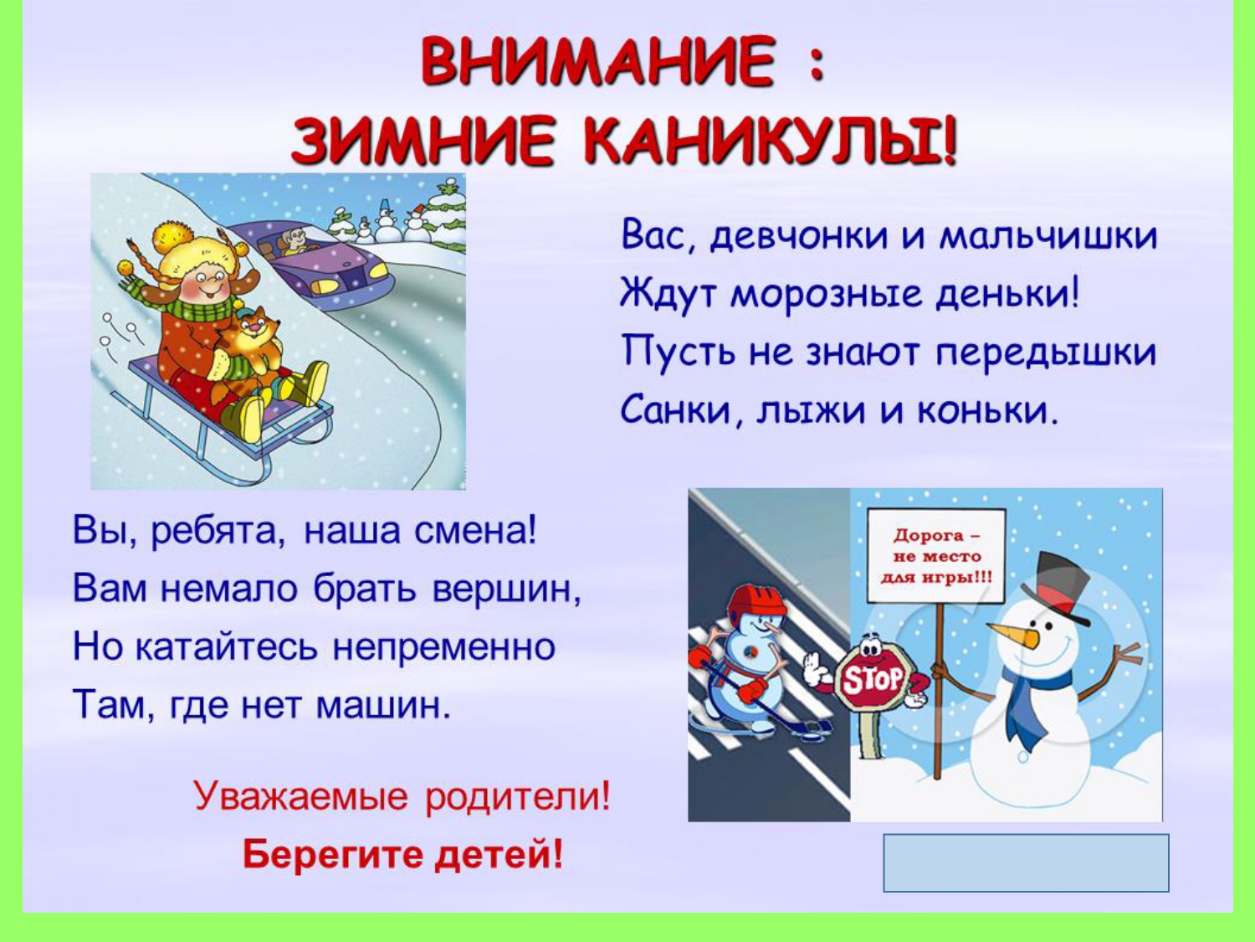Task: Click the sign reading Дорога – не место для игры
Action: tap(936, 556)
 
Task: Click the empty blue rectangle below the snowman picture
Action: tap(1026, 862)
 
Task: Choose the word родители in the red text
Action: tap(517, 795)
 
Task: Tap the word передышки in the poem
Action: tap(1046, 353)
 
